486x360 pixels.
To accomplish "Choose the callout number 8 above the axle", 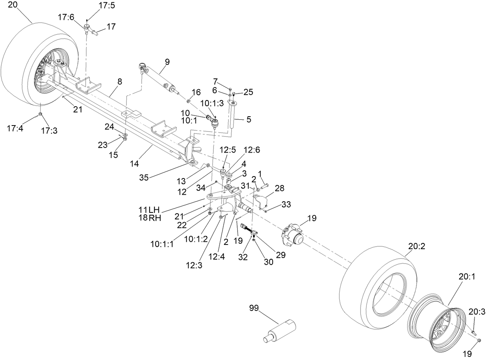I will coord(119,82).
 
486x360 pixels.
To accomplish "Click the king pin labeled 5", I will coord(233,115).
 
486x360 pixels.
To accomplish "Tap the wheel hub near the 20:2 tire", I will coord(292,235).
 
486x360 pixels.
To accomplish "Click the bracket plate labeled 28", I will coord(261,201).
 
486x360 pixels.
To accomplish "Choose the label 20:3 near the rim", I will coord(477,312).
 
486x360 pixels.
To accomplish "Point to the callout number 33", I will coord(286,204).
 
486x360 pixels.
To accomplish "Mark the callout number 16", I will coord(196,92).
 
